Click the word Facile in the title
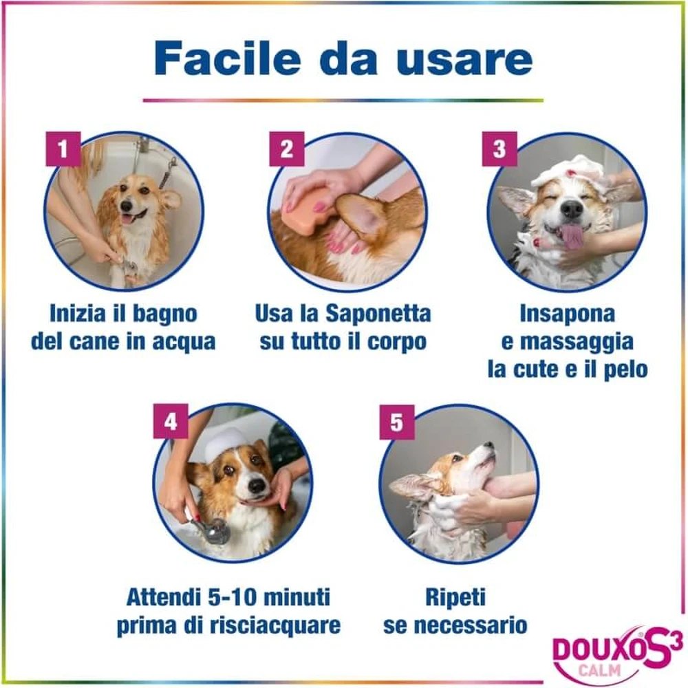click(x=227, y=58)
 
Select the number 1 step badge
click(x=63, y=149)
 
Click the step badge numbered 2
click(x=286, y=149)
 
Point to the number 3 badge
click(x=499, y=149)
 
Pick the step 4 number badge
click(x=171, y=421)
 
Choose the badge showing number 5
click(x=397, y=422)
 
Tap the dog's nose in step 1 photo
click(x=127, y=206)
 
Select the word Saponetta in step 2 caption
click(x=378, y=314)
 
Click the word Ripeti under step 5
click(x=455, y=598)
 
